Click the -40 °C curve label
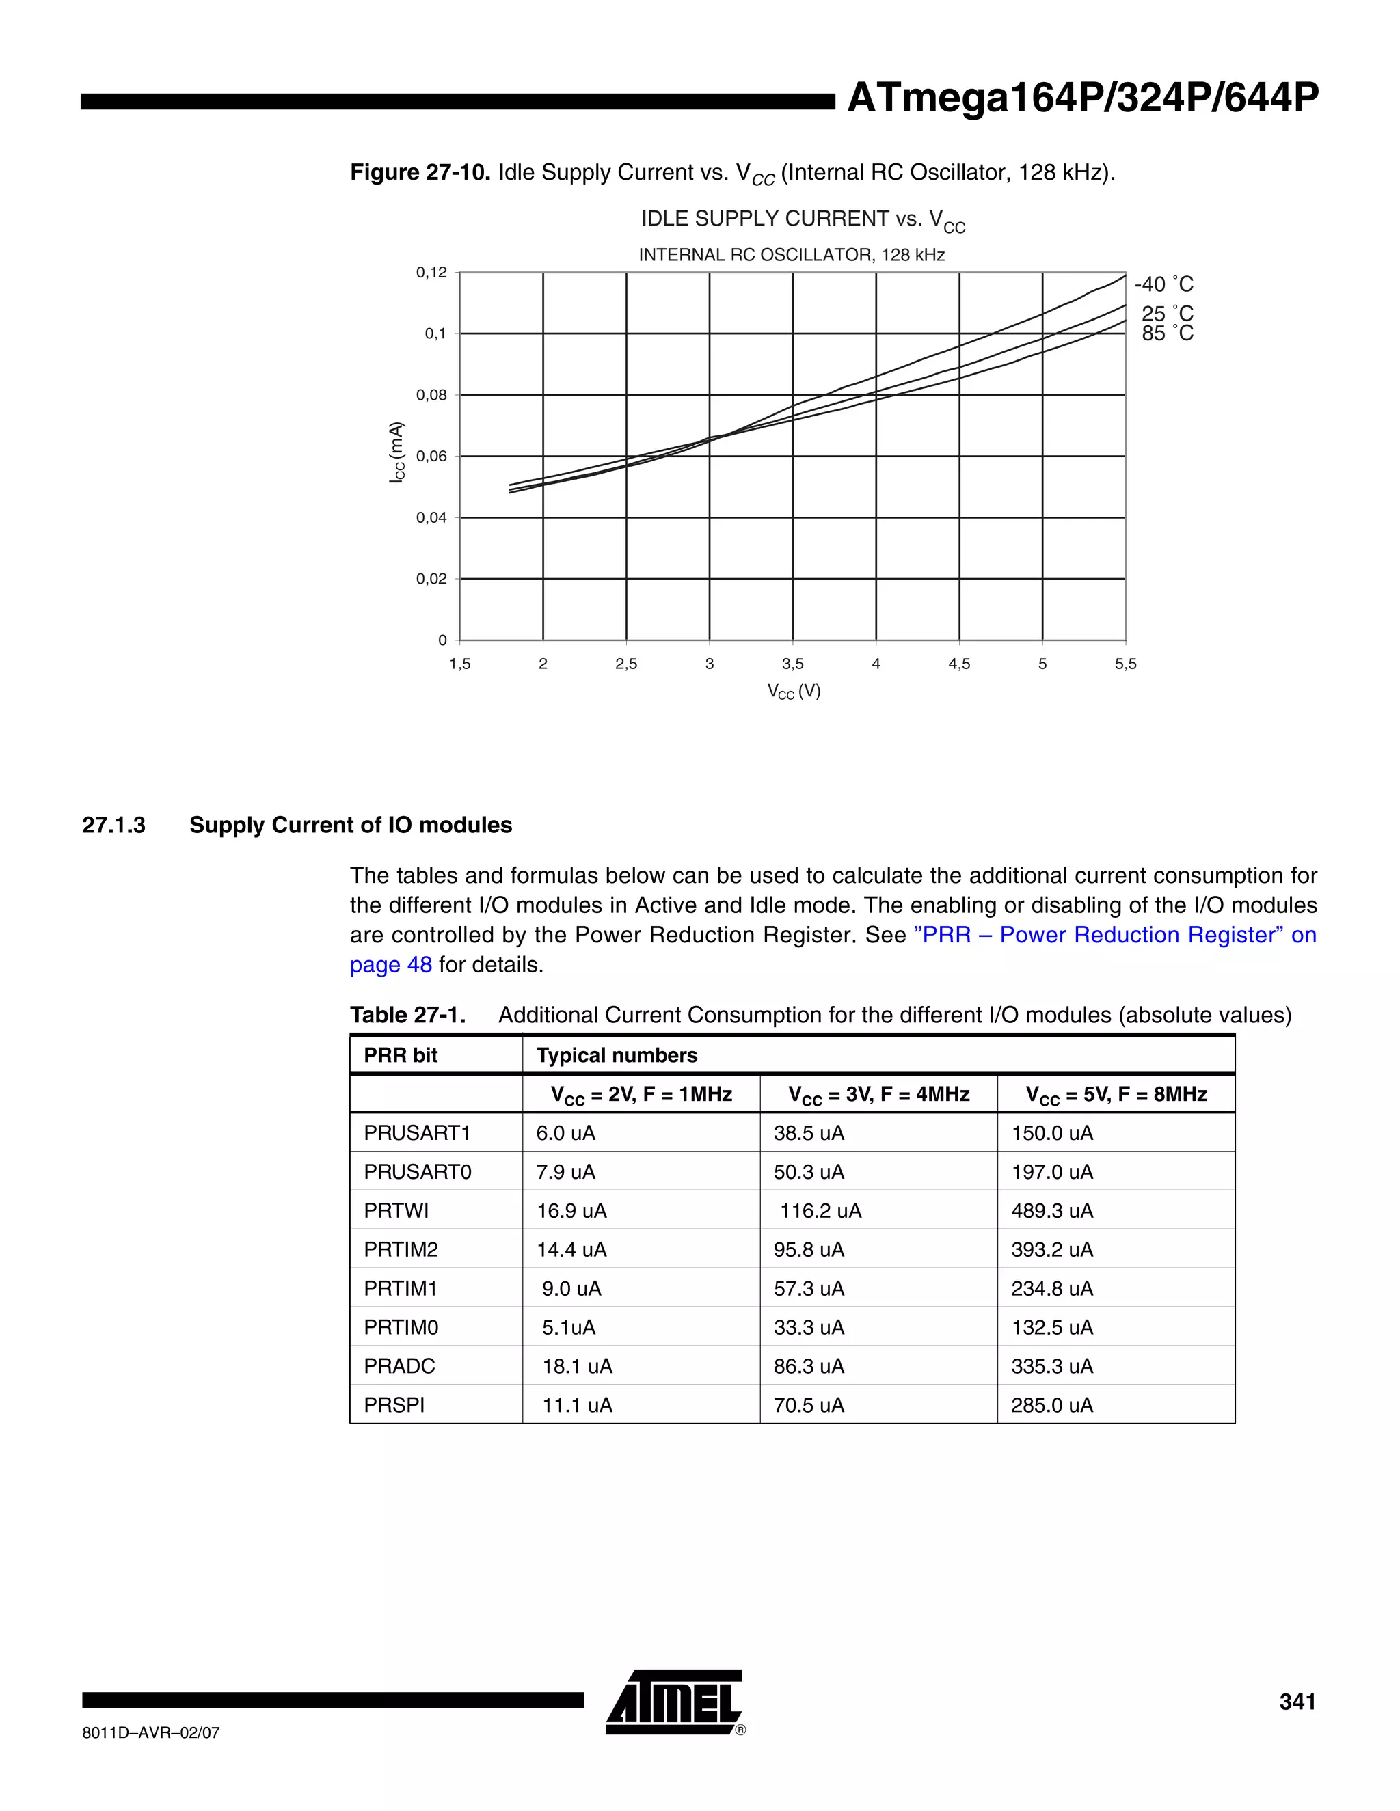[x=1163, y=284]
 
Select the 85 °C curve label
[x=1166, y=333]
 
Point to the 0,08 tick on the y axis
[x=431, y=396]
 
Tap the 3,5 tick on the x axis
[x=792, y=664]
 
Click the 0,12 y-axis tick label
[x=431, y=273]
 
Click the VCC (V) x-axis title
[x=793, y=692]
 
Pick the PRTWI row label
[x=396, y=1211]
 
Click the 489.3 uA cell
[x=1051, y=1211]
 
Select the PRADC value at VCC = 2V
[x=576, y=1365]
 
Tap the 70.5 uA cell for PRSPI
[x=808, y=1404]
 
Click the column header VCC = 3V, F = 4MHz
[x=878, y=1095]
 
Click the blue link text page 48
[x=390, y=965]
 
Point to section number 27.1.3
[x=113, y=825]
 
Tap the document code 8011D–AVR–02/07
[x=151, y=1733]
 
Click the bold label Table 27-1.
[x=407, y=1015]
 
